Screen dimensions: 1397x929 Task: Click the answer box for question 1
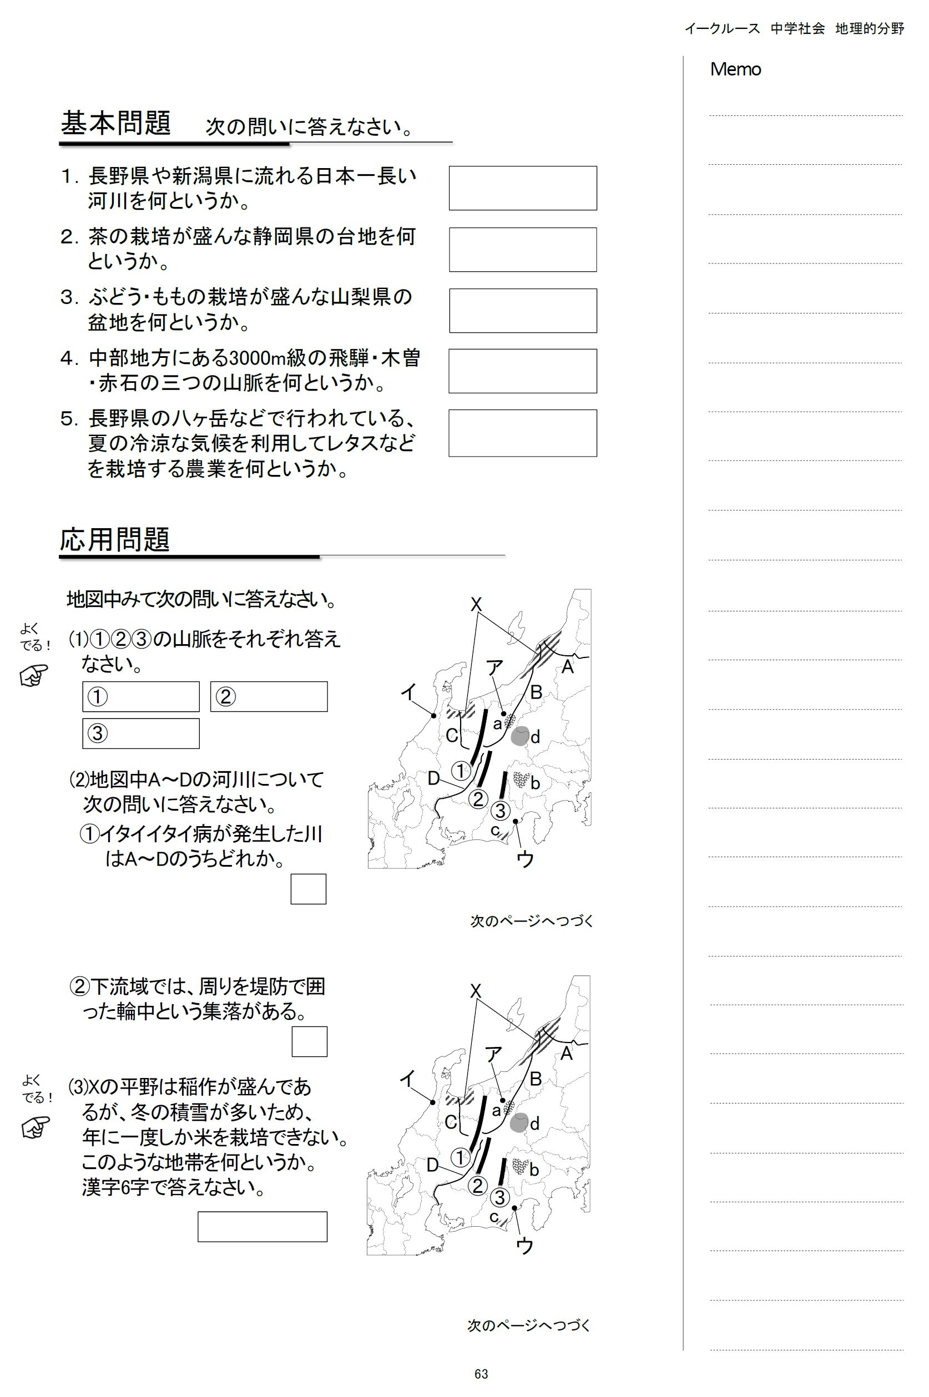click(523, 188)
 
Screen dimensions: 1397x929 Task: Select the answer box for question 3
click(523, 310)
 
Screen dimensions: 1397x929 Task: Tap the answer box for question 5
click(523, 433)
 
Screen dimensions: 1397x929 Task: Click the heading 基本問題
click(116, 123)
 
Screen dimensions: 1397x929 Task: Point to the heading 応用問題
click(115, 539)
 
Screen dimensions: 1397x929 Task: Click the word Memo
click(735, 69)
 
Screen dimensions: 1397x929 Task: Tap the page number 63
click(481, 1374)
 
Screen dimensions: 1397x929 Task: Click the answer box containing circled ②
click(269, 696)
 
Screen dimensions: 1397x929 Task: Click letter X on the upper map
click(476, 604)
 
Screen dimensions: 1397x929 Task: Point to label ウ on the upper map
click(525, 859)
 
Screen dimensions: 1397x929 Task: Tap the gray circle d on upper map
click(519, 736)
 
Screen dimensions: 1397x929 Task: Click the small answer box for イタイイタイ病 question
click(308, 889)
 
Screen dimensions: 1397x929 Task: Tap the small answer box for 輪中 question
click(309, 1042)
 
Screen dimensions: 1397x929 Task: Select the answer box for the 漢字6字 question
click(262, 1227)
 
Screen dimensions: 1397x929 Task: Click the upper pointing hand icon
click(34, 676)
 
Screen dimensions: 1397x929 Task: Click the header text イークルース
click(721, 28)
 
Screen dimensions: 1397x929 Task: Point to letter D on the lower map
click(432, 1165)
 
